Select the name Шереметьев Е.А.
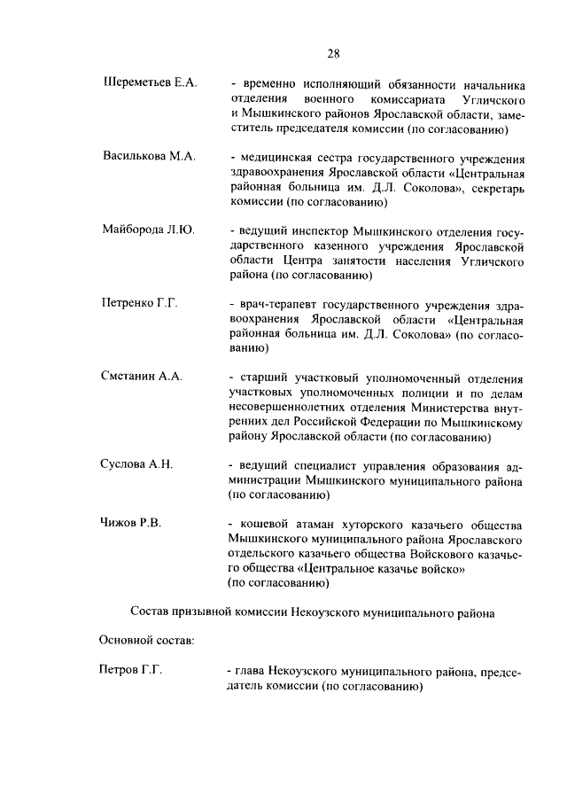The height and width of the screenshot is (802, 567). pyautogui.click(x=150, y=83)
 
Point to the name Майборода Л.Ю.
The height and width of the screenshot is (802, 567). pyautogui.click(x=148, y=230)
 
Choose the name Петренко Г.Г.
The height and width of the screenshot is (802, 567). pyautogui.click(x=140, y=303)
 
